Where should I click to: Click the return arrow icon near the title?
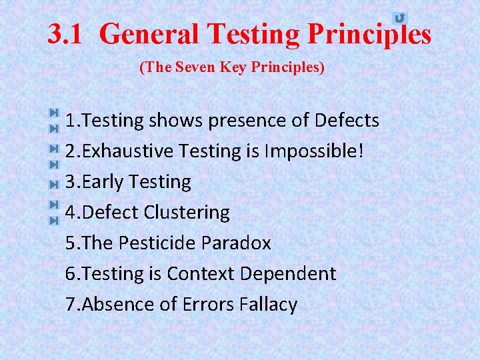tap(399, 18)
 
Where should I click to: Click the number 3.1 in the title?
tap(65, 34)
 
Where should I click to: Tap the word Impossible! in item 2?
tap(314, 151)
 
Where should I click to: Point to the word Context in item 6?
tap(201, 274)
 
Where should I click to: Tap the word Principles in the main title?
tap(369, 34)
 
